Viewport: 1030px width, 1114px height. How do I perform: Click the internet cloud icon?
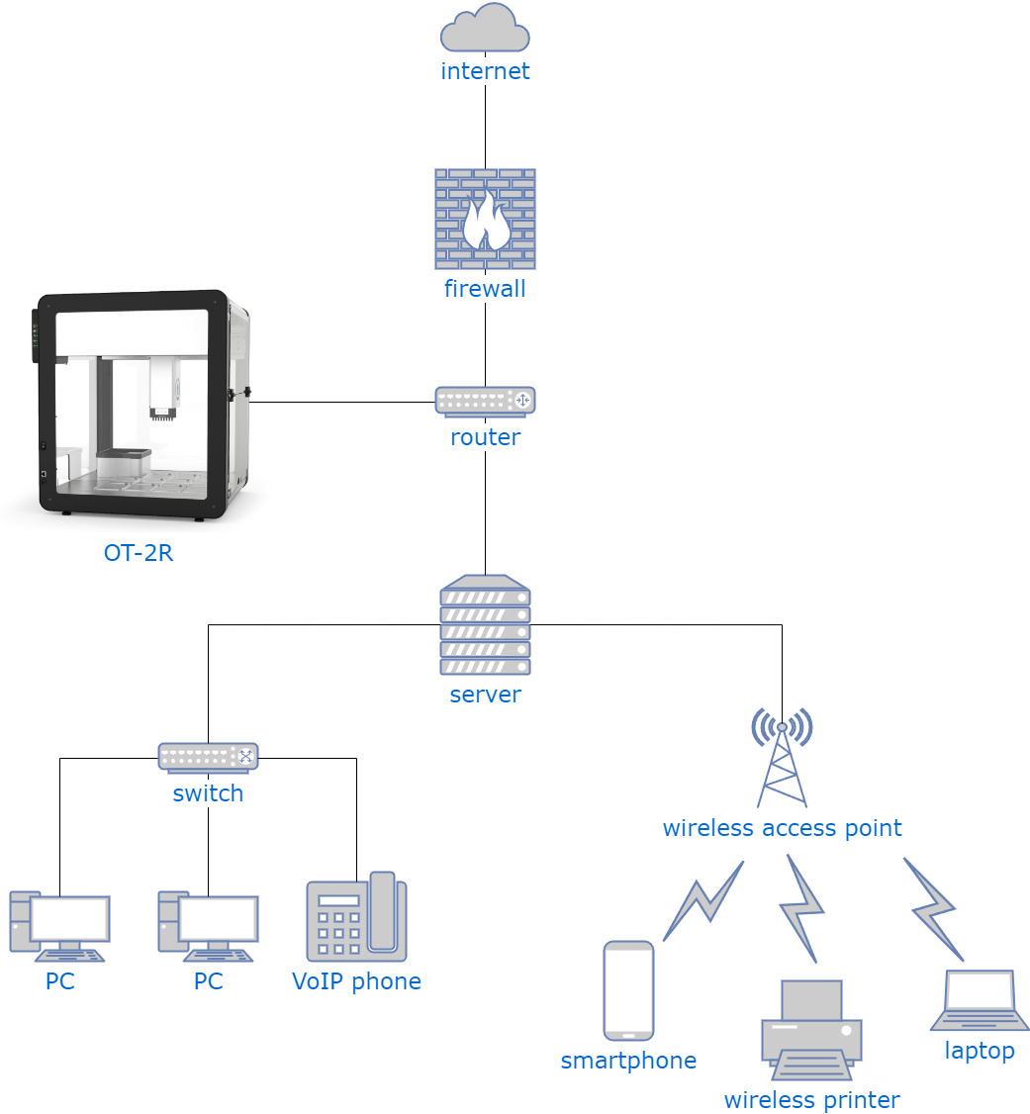(x=485, y=29)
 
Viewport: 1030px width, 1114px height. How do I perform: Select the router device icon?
(x=485, y=401)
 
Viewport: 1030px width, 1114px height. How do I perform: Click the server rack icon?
(x=485, y=625)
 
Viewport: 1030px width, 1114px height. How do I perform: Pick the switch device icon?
(x=208, y=757)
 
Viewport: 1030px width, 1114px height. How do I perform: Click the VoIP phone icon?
(x=356, y=917)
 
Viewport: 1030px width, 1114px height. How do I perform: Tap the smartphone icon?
(x=628, y=990)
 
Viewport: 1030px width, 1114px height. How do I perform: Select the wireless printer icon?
(x=811, y=1029)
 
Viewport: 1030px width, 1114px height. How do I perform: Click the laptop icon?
(x=980, y=1000)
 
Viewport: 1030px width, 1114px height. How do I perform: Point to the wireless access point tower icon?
(x=782, y=758)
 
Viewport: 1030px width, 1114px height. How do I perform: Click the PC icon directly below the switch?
(x=208, y=926)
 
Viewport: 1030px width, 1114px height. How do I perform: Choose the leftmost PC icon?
(x=59, y=926)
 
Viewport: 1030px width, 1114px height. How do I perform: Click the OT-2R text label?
(x=139, y=553)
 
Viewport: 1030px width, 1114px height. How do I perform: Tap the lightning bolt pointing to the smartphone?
(x=702, y=901)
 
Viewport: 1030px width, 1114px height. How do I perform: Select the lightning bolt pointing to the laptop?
(x=933, y=908)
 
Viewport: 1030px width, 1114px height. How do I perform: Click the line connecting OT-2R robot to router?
(x=341, y=402)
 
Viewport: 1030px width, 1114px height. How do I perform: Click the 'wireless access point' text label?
(x=782, y=828)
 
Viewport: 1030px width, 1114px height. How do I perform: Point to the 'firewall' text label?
(x=485, y=289)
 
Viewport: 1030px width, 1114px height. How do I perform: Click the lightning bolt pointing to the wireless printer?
(x=802, y=908)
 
